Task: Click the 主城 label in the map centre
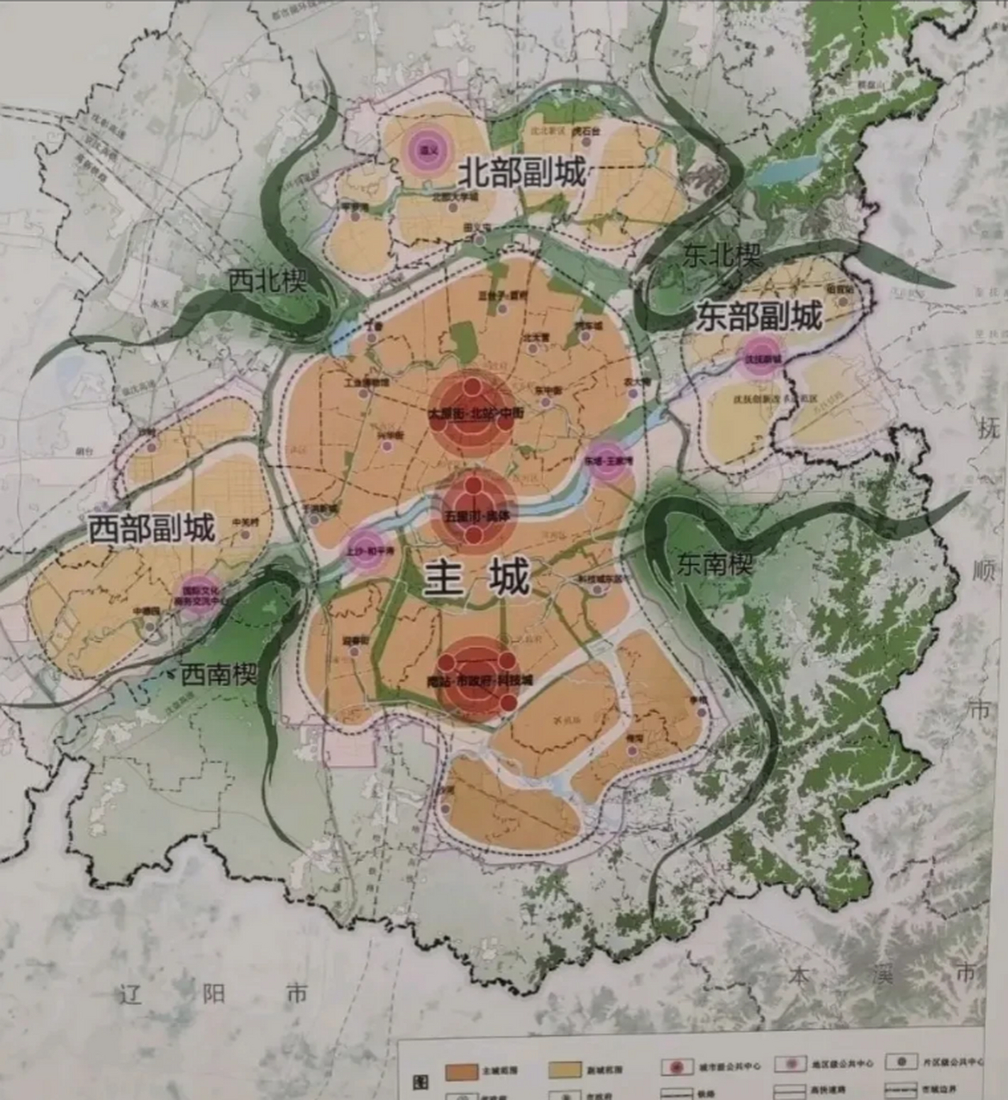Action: pyautogui.click(x=477, y=578)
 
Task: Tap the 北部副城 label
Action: pyautogui.click(x=522, y=172)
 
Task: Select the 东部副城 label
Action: pyautogui.click(x=759, y=316)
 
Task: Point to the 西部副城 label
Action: pyautogui.click(x=151, y=528)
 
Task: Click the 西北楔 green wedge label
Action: pyautogui.click(x=267, y=281)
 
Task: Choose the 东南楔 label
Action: pyautogui.click(x=715, y=564)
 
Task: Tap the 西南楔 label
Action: pyautogui.click(x=218, y=674)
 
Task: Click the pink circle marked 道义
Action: pyautogui.click(x=423, y=149)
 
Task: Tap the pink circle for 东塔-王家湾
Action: pyautogui.click(x=608, y=461)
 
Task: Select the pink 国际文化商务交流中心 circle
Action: pyautogui.click(x=194, y=591)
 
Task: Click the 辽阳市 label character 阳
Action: pyautogui.click(x=213, y=994)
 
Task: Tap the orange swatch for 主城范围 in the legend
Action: pyautogui.click(x=462, y=1071)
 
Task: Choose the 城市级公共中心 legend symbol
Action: pyautogui.click(x=677, y=1067)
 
